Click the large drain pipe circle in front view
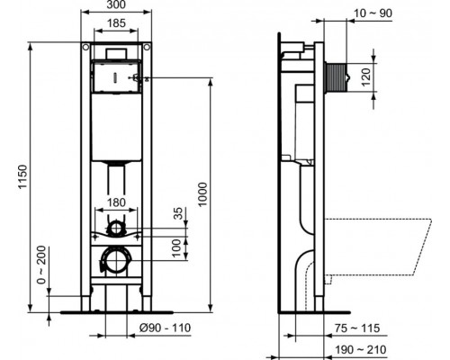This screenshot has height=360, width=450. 116,262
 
